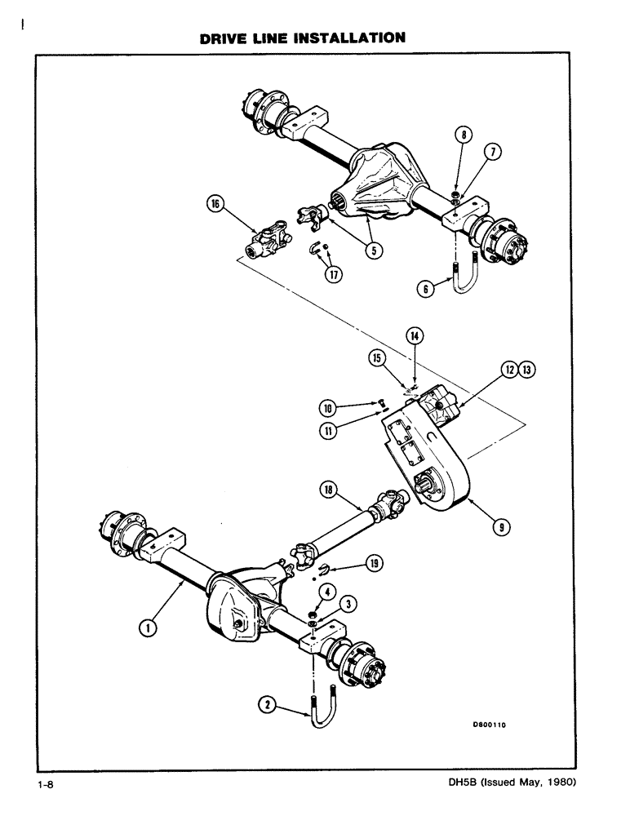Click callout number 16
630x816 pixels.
click(215, 208)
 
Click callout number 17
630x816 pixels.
click(333, 274)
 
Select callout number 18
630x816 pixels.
click(326, 489)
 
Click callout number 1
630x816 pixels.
click(148, 627)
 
